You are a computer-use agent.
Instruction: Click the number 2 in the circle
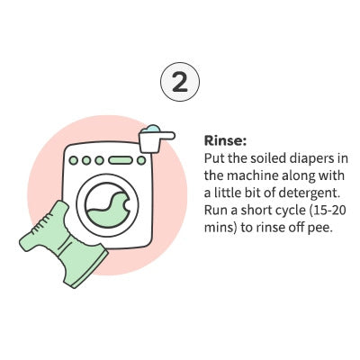point(180,82)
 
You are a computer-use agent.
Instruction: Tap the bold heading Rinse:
point(225,140)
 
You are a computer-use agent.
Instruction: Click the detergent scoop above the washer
point(156,139)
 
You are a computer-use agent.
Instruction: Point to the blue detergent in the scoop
point(151,129)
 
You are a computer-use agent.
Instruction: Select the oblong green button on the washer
point(121,160)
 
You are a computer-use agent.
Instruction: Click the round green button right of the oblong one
point(141,160)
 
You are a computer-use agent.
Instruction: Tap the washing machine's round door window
point(108,204)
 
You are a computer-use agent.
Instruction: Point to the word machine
point(253,175)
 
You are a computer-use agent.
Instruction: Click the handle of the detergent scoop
point(166,136)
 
